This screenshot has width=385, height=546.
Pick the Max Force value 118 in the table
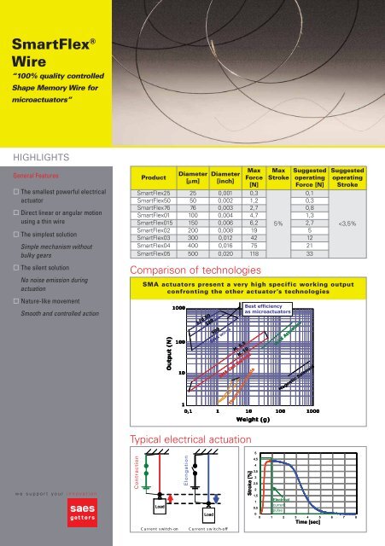click(254, 253)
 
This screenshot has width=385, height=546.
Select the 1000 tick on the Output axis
click(178, 306)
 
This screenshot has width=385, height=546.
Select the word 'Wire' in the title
click(30, 61)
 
